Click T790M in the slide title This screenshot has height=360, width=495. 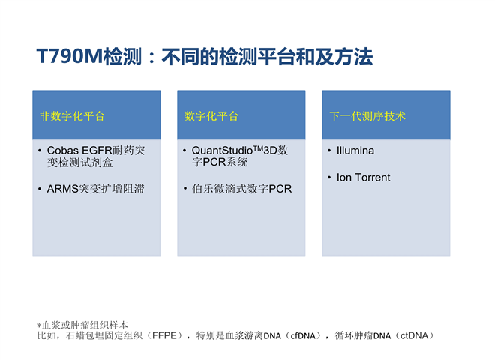70,56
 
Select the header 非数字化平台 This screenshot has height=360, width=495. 72,116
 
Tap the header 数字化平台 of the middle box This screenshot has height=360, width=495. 211,116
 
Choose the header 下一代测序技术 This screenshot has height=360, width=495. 367,116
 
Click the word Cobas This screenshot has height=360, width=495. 63,151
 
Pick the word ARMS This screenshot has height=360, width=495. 62,189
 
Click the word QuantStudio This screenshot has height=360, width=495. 222,151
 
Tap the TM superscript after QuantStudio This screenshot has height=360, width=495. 258,148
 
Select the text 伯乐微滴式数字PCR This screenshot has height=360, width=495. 241,189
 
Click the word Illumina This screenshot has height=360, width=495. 355,151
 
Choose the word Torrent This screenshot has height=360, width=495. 373,178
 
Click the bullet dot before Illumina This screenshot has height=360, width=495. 329,151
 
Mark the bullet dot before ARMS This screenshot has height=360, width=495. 40,189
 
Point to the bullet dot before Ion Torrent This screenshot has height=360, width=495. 329,178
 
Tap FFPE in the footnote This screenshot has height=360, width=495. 164,335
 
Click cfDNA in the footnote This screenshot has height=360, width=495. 303,336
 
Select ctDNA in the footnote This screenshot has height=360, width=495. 415,336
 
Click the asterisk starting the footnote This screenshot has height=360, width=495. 39,325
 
